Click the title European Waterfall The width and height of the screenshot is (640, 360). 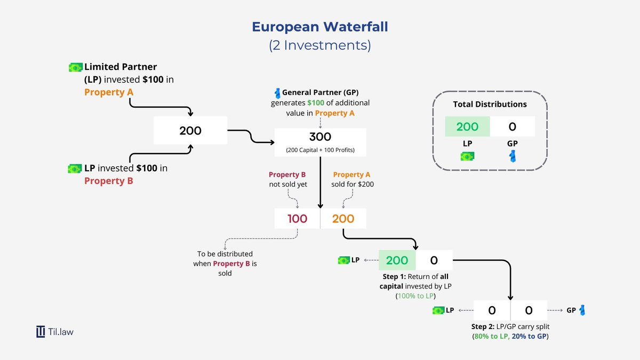click(x=320, y=27)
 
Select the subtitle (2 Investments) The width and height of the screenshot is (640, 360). click(x=320, y=45)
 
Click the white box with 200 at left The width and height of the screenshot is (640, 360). click(x=190, y=131)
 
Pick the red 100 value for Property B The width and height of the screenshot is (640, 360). click(x=297, y=218)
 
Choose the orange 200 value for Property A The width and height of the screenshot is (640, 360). click(x=343, y=218)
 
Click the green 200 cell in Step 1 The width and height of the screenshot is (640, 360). click(x=397, y=260)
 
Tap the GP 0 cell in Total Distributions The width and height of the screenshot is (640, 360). click(x=513, y=126)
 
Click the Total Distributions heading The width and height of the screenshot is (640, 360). click(x=490, y=105)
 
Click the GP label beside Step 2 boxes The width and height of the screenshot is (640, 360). click(x=571, y=310)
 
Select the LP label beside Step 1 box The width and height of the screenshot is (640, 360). click(x=355, y=260)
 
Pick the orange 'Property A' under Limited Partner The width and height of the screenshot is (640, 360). click(x=109, y=92)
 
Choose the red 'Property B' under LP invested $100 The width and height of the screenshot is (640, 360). click(x=109, y=180)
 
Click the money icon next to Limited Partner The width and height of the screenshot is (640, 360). click(x=76, y=67)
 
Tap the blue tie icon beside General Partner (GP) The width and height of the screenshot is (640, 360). click(x=277, y=93)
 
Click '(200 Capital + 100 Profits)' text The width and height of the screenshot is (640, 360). click(x=320, y=149)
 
